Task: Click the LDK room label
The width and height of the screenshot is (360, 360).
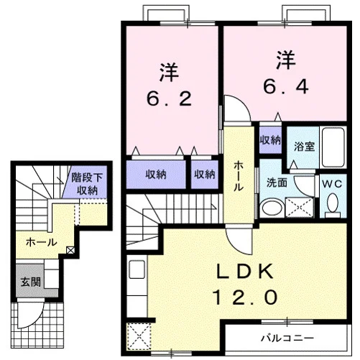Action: click(245, 271)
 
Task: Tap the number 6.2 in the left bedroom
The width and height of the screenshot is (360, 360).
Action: click(169, 98)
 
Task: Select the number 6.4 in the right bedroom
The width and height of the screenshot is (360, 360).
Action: click(286, 86)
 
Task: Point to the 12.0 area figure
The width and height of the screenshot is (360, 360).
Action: click(245, 297)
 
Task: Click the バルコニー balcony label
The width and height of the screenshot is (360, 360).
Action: click(287, 338)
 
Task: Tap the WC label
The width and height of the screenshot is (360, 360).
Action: click(332, 184)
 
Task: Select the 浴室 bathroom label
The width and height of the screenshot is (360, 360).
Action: click(304, 146)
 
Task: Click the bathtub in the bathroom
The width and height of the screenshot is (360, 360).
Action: click(333, 147)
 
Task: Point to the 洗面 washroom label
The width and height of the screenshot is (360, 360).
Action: click(277, 183)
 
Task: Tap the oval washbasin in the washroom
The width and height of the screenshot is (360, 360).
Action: click(272, 208)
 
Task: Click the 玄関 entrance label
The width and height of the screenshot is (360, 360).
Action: click(31, 282)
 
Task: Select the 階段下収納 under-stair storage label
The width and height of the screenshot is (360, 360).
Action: click(87, 184)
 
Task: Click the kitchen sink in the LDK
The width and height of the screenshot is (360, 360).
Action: click(137, 269)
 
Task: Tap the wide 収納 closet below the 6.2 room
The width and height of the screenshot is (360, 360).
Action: click(156, 175)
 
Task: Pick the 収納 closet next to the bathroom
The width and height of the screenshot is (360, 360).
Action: click(270, 140)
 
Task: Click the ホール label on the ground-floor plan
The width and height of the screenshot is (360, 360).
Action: click(42, 242)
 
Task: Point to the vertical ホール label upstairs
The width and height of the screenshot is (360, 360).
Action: click(239, 176)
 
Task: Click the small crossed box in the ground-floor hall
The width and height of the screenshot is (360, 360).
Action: click(70, 251)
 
